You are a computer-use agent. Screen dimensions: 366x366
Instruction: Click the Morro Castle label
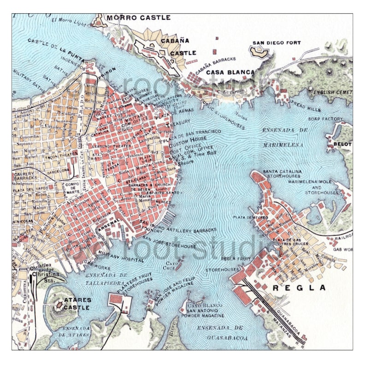coord(138,18)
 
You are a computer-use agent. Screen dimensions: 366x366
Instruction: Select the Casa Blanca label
coord(230,72)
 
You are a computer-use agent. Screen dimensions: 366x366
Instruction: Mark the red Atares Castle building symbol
coord(59,305)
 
